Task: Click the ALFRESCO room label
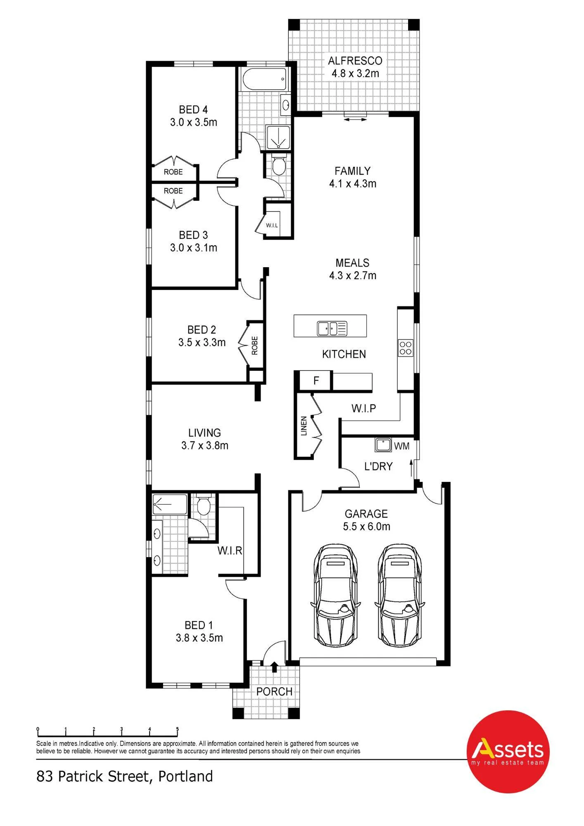[355, 61]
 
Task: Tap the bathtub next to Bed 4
[264, 79]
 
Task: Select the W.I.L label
[272, 225]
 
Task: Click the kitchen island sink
[332, 328]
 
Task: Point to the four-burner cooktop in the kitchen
[405, 347]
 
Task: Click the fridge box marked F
[316, 380]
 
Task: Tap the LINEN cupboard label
[304, 426]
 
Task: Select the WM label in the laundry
[401, 446]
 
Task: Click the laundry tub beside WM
[383, 444]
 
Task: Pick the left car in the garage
[335, 595]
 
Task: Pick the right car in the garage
[399, 595]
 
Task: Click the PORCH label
[274, 691]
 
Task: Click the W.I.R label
[230, 551]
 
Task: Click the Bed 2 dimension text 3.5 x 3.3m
[202, 342]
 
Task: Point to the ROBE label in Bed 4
[173, 172]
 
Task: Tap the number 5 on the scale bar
[178, 729]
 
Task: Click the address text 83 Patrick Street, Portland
[125, 776]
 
